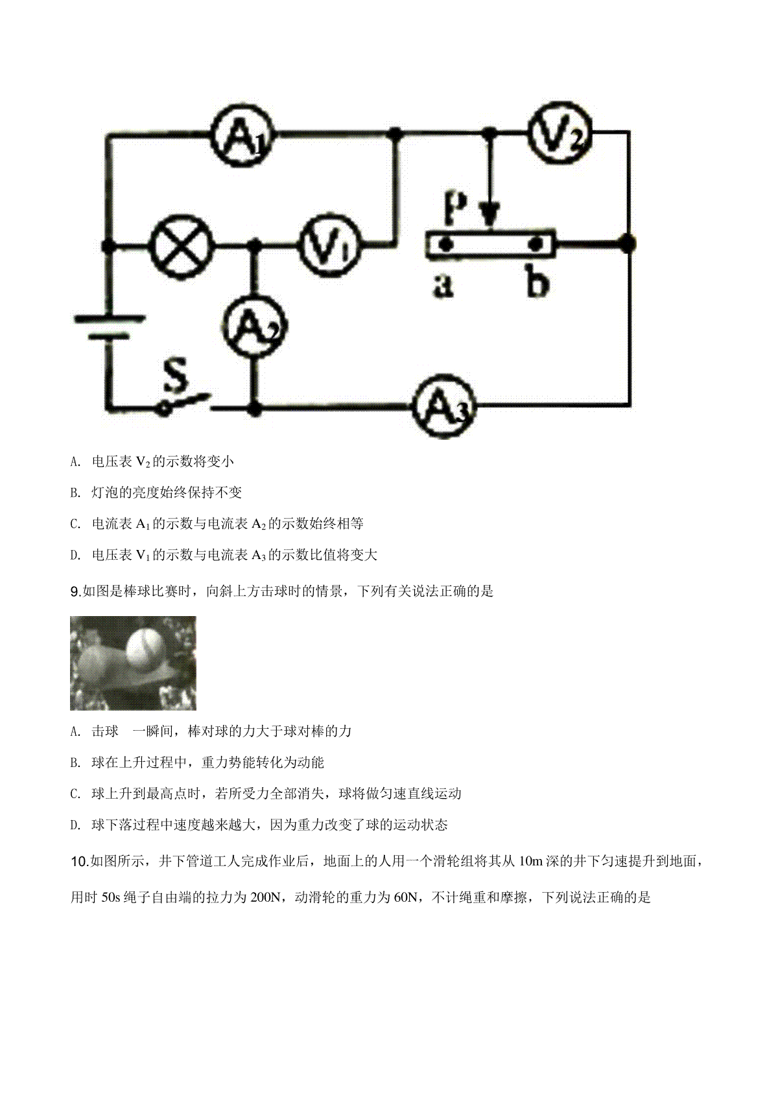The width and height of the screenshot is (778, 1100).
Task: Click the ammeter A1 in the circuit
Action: tap(242, 133)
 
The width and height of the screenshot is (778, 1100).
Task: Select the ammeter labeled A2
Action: tap(255, 327)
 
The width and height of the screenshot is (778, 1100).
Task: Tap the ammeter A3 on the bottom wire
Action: tap(444, 406)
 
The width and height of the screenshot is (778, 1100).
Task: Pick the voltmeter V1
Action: tap(330, 244)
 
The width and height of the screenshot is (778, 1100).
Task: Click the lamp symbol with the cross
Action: tap(182, 245)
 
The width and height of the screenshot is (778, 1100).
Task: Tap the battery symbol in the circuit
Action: tap(109, 328)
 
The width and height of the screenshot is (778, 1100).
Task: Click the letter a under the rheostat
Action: tap(443, 286)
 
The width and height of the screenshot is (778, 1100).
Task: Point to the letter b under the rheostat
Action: tap(537, 281)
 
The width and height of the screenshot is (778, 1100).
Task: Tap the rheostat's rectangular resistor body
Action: tap(491, 244)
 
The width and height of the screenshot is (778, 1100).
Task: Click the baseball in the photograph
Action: tap(144, 647)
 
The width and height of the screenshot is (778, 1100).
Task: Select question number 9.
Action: tap(76, 591)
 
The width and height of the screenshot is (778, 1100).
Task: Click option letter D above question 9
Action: tap(75, 555)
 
